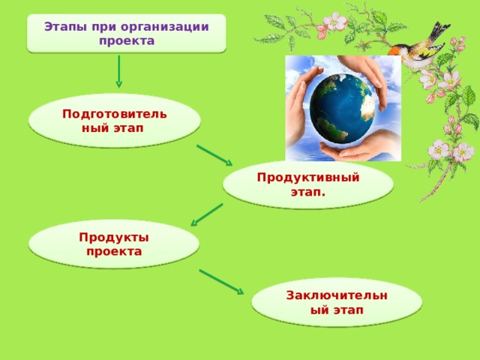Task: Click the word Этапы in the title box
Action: coord(61,27)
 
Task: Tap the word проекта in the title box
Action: coord(126,40)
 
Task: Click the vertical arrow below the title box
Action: coord(118,72)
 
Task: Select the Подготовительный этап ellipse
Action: coord(114,121)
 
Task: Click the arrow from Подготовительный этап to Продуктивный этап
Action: coord(214,154)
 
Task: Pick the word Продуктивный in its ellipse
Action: coord(307,177)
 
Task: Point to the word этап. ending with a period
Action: coord(307,191)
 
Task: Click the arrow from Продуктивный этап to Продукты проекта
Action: coord(207,214)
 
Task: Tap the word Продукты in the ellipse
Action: coord(113,237)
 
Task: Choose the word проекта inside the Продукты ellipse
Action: coord(113,251)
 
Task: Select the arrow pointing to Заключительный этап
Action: coord(221,282)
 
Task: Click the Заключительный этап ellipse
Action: coord(337,303)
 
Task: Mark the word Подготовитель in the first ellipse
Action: coord(114,114)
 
